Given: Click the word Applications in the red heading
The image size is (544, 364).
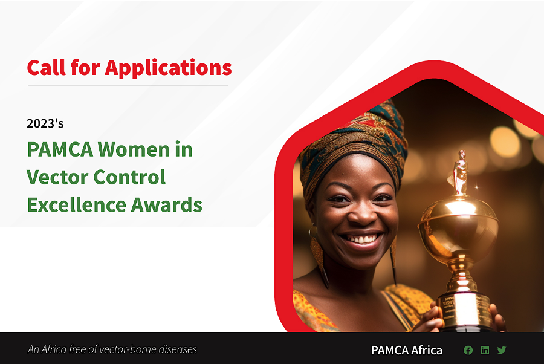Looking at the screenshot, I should tap(169, 68).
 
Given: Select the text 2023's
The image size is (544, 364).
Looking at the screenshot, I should tap(45, 123).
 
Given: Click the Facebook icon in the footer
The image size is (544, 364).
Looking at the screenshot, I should tap(468, 350).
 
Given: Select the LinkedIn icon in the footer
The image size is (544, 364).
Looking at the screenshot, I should tap(485, 350).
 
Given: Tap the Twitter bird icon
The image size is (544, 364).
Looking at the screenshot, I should tap(502, 350).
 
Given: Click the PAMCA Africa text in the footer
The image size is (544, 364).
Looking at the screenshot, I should tap(406, 350).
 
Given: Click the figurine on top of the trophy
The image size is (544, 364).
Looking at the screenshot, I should tap(460, 172).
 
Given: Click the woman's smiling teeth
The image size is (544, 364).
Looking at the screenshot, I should tap(362, 239).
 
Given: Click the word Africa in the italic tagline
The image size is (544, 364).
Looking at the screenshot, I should tap(54, 349).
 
